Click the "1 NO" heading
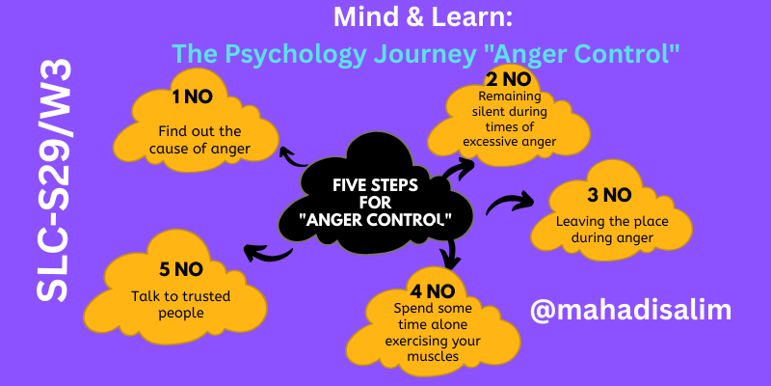click(192, 97)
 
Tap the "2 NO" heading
click(509, 80)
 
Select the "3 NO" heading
click(609, 196)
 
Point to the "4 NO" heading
click(433, 292)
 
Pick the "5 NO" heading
click(181, 269)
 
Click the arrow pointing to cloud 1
click(294, 157)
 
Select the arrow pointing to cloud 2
click(458, 168)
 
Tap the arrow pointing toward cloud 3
click(510, 203)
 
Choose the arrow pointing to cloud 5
click(268, 254)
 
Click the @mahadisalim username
click(630, 310)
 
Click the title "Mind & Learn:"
click(423, 17)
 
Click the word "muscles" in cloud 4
click(433, 355)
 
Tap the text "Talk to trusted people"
click(180, 304)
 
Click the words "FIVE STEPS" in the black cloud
click(375, 185)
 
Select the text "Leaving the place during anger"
click(612, 230)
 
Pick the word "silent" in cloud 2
click(491, 111)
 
